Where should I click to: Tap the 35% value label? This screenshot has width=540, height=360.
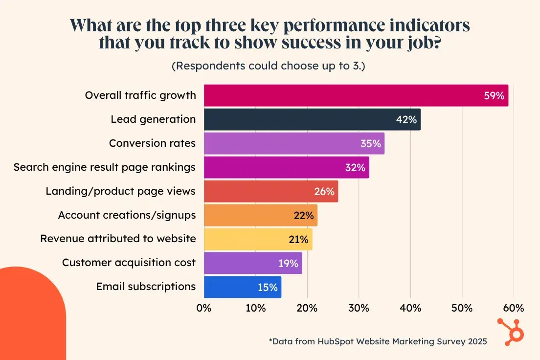371,143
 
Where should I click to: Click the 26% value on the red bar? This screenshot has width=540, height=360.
324,191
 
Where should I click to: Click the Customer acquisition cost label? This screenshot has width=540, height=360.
129,263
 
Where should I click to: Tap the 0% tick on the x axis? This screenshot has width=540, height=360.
203,308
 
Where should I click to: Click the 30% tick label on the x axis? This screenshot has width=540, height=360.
359,308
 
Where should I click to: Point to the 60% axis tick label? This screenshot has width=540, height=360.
513,308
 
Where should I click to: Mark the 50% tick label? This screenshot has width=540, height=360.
462,308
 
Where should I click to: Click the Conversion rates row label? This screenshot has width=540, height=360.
152,143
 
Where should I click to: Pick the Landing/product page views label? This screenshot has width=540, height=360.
121,191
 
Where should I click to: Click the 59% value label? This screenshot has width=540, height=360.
494,96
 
